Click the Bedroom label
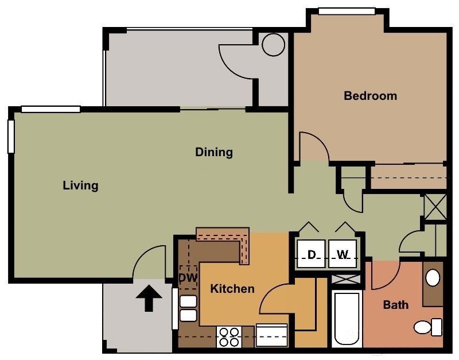coord(370,96)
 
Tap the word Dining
coord(214,152)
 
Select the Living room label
coord(80,185)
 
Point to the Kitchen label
coord(232,288)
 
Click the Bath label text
coord(396,304)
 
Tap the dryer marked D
coord(312,254)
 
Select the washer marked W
coord(343,254)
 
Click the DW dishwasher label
coord(188,278)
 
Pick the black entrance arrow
coord(149,299)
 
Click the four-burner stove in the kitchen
coord(229,336)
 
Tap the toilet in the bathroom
coord(427,327)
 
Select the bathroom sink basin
coord(433,278)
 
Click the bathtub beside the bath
coord(347,319)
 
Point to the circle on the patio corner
coord(273,44)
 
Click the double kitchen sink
coord(188,308)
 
